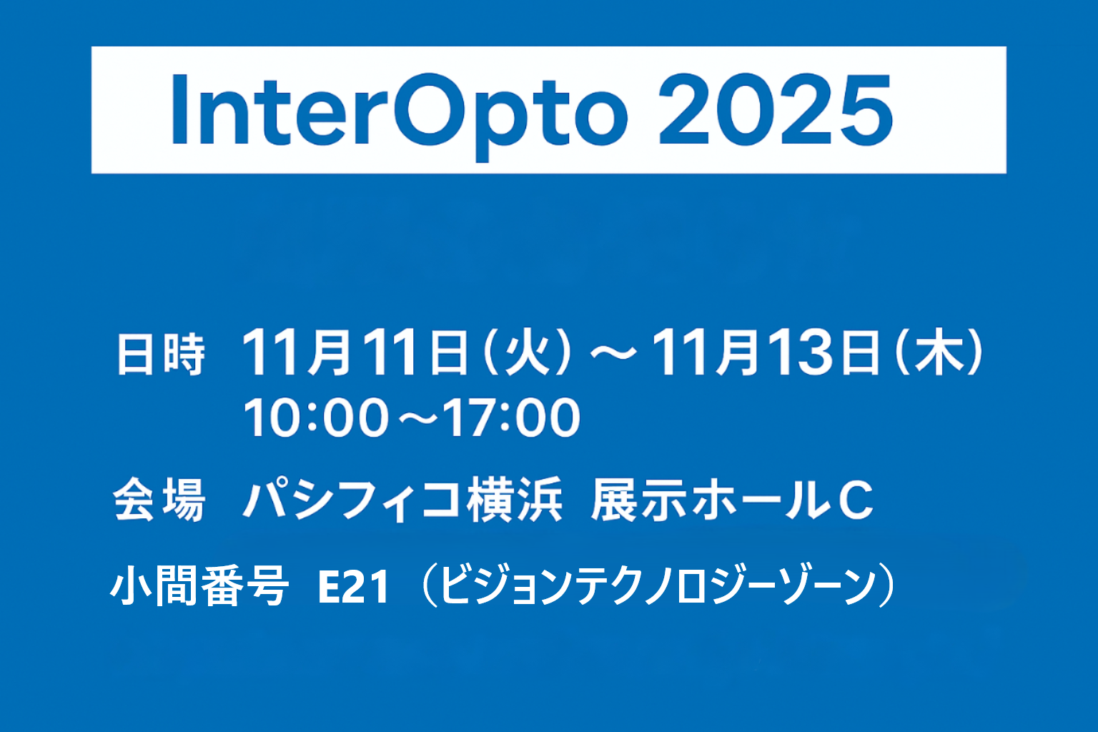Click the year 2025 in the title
(775, 111)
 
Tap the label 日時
(161, 355)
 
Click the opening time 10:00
(315, 418)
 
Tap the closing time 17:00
(510, 418)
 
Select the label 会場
(159, 500)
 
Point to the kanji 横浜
(514, 500)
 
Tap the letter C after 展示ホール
(855, 500)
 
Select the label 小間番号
(199, 587)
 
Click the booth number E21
(353, 588)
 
